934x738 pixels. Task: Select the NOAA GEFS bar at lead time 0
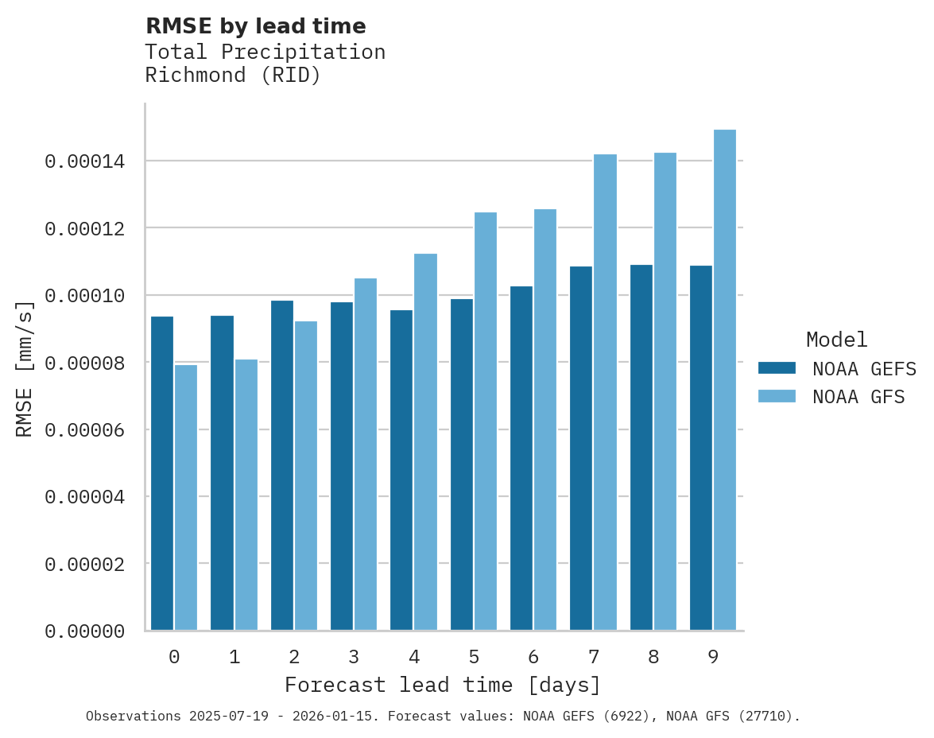(162, 473)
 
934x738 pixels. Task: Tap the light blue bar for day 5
(485, 421)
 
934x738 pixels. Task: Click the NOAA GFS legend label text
(858, 397)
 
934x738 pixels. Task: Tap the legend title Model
(836, 340)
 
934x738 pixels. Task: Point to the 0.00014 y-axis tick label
(84, 162)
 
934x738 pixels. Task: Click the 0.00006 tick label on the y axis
(84, 430)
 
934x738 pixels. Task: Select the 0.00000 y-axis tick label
(84, 631)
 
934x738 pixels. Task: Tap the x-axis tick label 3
(354, 657)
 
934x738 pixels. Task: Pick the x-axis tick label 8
(653, 657)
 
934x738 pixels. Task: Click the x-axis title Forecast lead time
(443, 685)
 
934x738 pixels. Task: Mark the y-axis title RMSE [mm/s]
(25, 369)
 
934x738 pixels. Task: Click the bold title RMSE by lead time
(255, 26)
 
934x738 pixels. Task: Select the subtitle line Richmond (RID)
(233, 76)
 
